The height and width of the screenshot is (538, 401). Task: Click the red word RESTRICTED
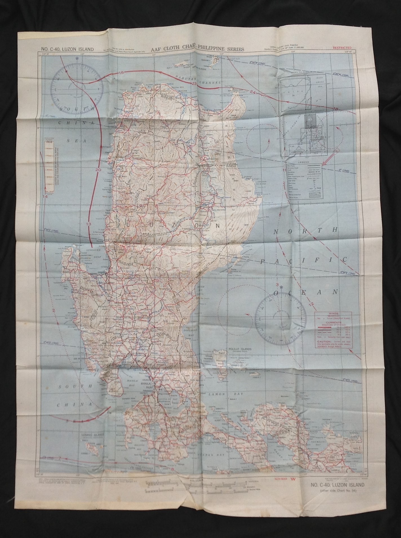tap(342, 48)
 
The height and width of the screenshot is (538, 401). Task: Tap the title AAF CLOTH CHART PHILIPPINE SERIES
tap(198, 49)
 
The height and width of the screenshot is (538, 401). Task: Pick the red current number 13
tap(89, 224)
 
